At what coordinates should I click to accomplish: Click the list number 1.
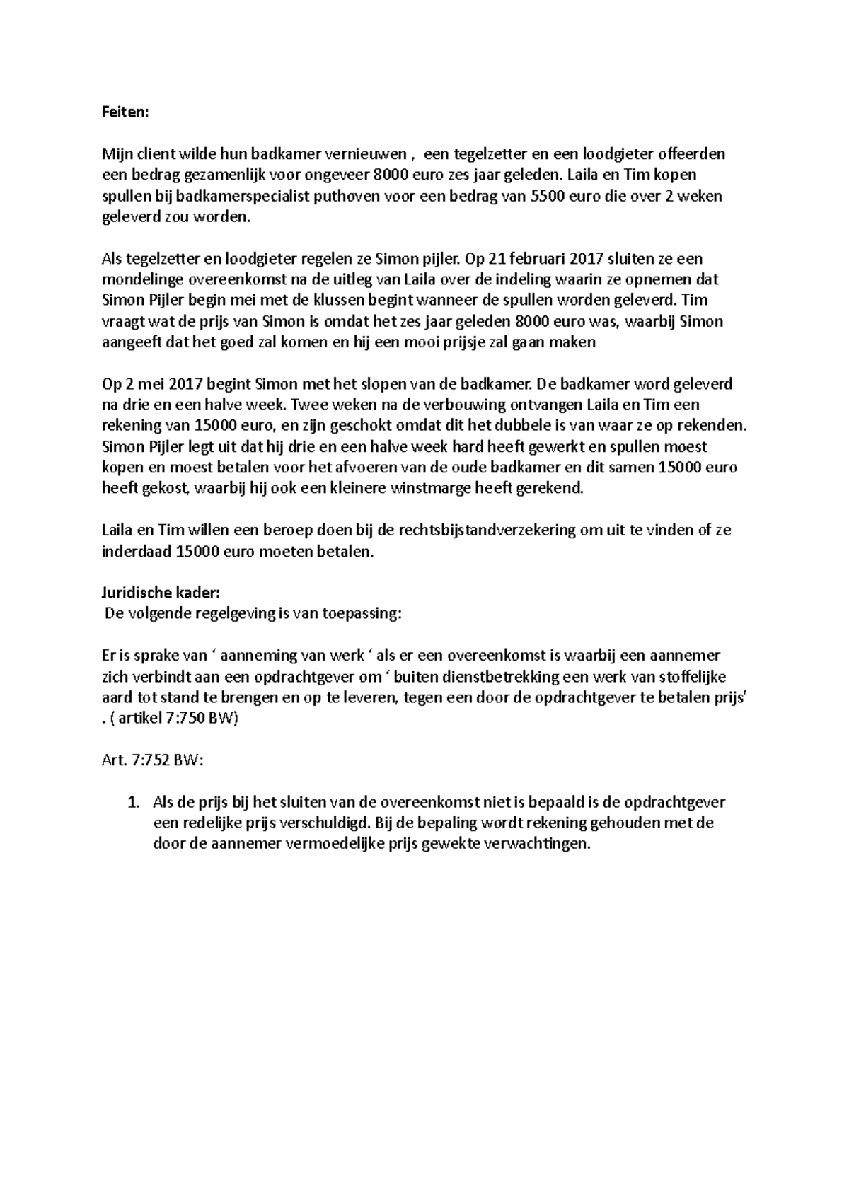coord(131,802)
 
